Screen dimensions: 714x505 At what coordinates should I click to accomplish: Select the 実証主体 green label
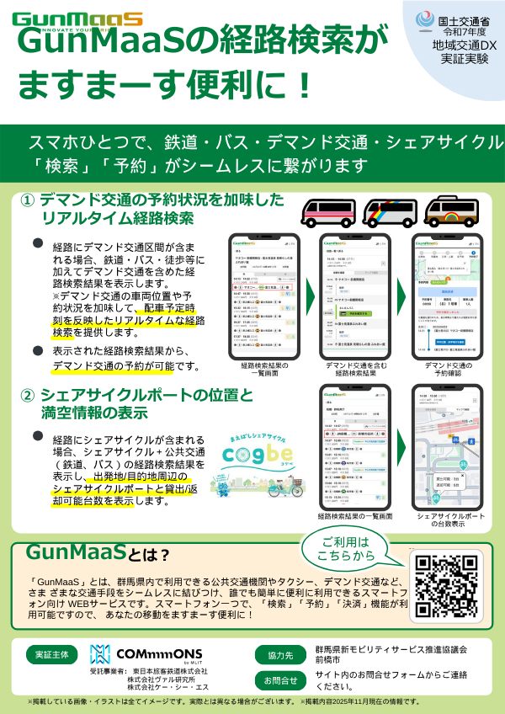[x=52, y=654]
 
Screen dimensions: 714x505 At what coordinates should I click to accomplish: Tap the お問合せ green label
[x=279, y=680]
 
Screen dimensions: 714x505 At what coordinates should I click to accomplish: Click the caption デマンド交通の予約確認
[x=448, y=370]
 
